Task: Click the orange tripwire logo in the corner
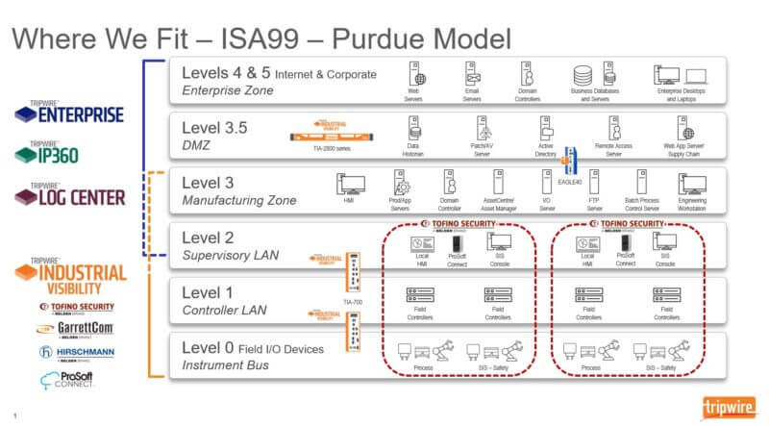click(x=732, y=404)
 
